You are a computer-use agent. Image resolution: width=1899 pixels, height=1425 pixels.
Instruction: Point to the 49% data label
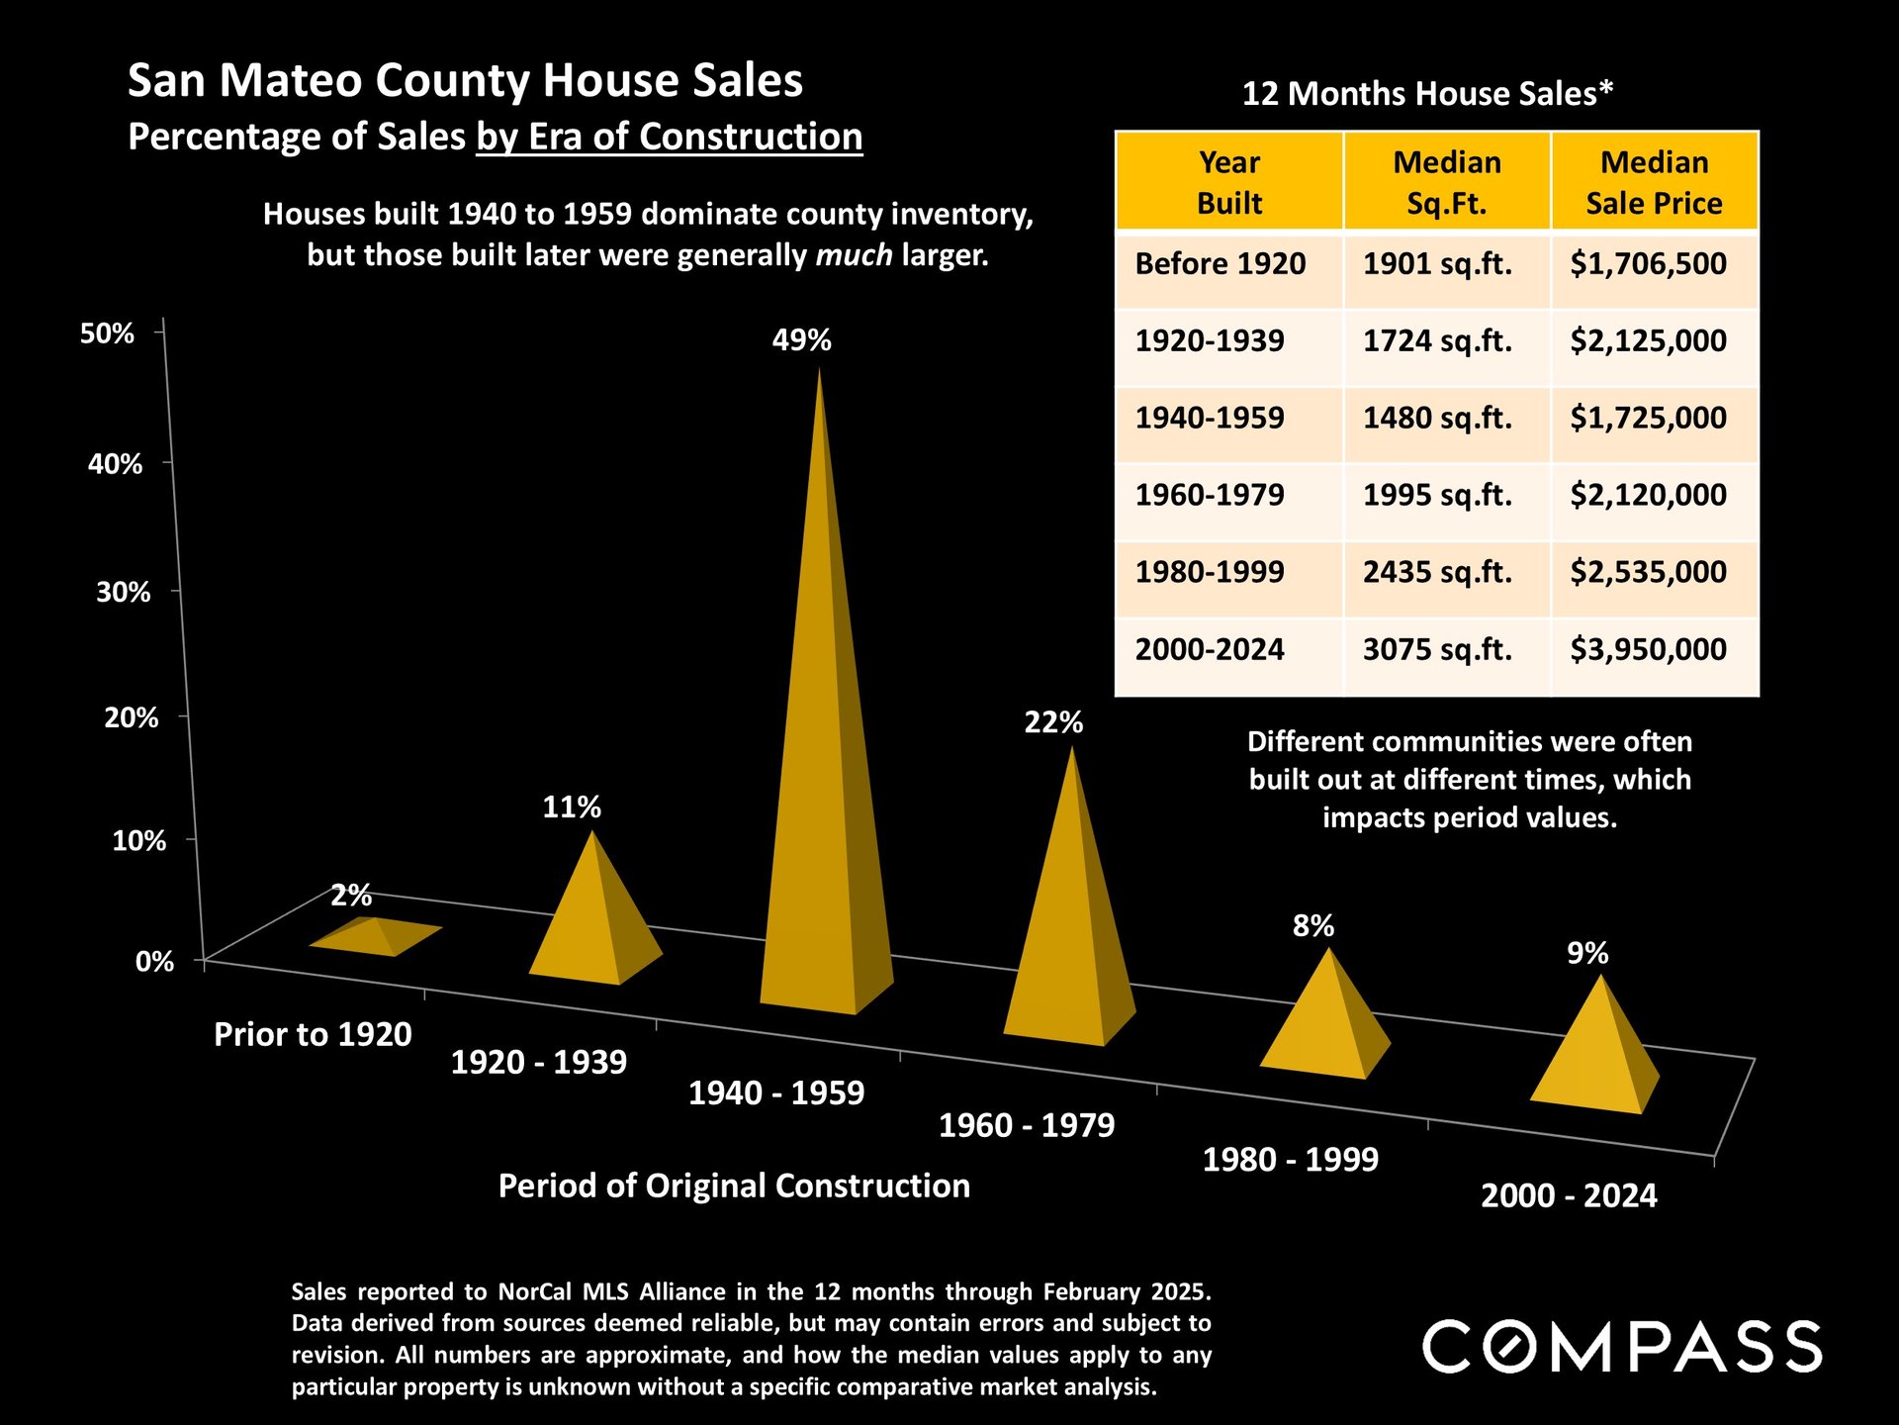tap(801, 340)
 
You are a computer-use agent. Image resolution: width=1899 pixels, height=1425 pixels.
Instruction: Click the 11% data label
tap(571, 807)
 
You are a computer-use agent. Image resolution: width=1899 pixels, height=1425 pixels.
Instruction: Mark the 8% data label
tap(1312, 926)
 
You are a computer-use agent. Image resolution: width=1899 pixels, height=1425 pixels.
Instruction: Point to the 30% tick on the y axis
tap(124, 593)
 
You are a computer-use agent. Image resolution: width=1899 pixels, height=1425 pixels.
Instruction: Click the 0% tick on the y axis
tap(154, 962)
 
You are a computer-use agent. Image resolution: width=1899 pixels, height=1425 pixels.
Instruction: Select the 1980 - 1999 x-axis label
tap(1290, 1160)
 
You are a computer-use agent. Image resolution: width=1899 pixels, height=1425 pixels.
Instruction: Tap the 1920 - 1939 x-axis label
tap(538, 1063)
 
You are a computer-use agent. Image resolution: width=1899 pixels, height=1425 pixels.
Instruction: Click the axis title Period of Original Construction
tap(734, 1187)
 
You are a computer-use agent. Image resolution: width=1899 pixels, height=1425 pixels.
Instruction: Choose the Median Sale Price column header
tap(1654, 183)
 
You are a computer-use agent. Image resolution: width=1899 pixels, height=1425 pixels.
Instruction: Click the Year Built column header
tap(1229, 183)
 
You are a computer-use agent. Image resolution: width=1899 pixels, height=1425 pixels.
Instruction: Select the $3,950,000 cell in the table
tap(1648, 650)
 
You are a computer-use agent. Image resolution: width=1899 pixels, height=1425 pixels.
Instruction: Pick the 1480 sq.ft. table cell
tap(1437, 419)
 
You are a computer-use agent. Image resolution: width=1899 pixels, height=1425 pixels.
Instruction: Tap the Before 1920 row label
tap(1220, 264)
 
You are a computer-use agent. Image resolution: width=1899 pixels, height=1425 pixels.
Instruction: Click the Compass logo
tap(1622, 1347)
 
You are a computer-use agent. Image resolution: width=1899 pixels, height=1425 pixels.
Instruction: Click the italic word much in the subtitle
tap(854, 256)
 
